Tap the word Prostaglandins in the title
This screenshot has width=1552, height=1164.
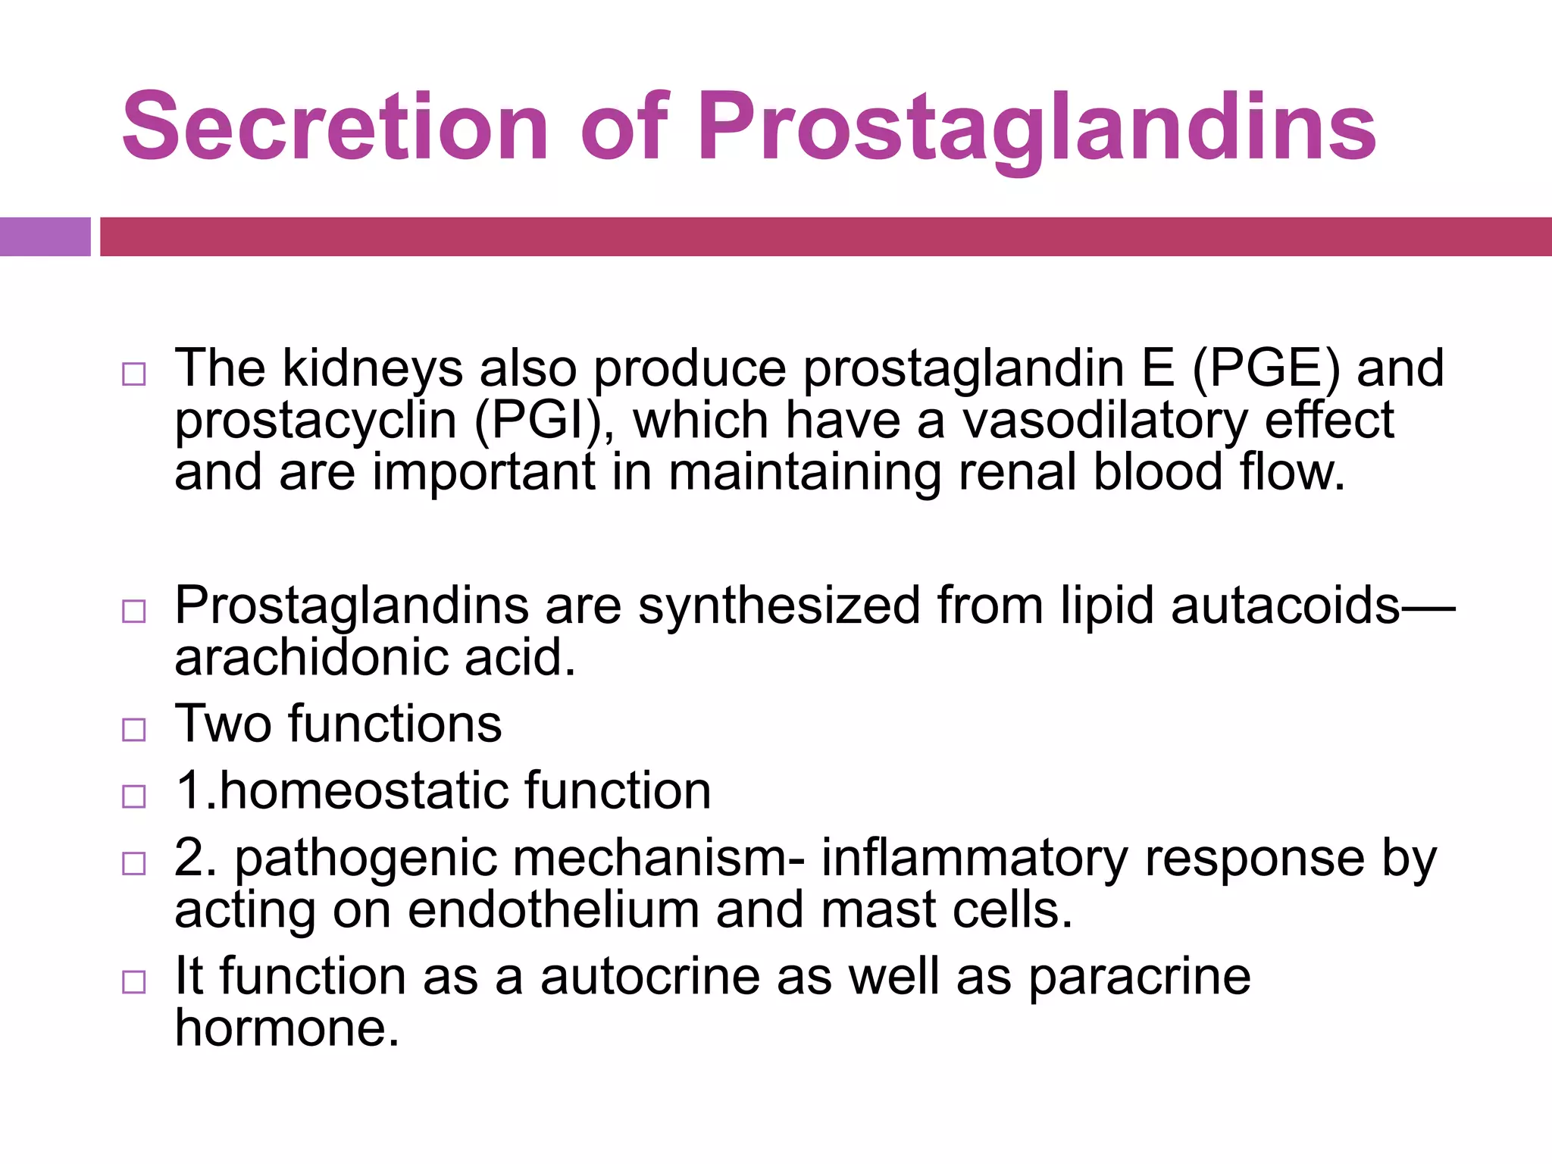pos(1037,127)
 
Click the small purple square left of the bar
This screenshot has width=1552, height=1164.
pos(45,236)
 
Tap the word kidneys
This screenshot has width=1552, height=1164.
pos(372,369)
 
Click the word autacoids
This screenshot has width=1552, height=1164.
pos(1285,606)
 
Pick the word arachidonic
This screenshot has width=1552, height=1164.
pos(311,658)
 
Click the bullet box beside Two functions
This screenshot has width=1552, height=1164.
pos(134,730)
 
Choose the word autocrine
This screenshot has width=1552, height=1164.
pos(649,977)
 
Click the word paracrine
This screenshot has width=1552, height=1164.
pos(1140,977)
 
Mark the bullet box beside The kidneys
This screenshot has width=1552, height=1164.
pos(134,374)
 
